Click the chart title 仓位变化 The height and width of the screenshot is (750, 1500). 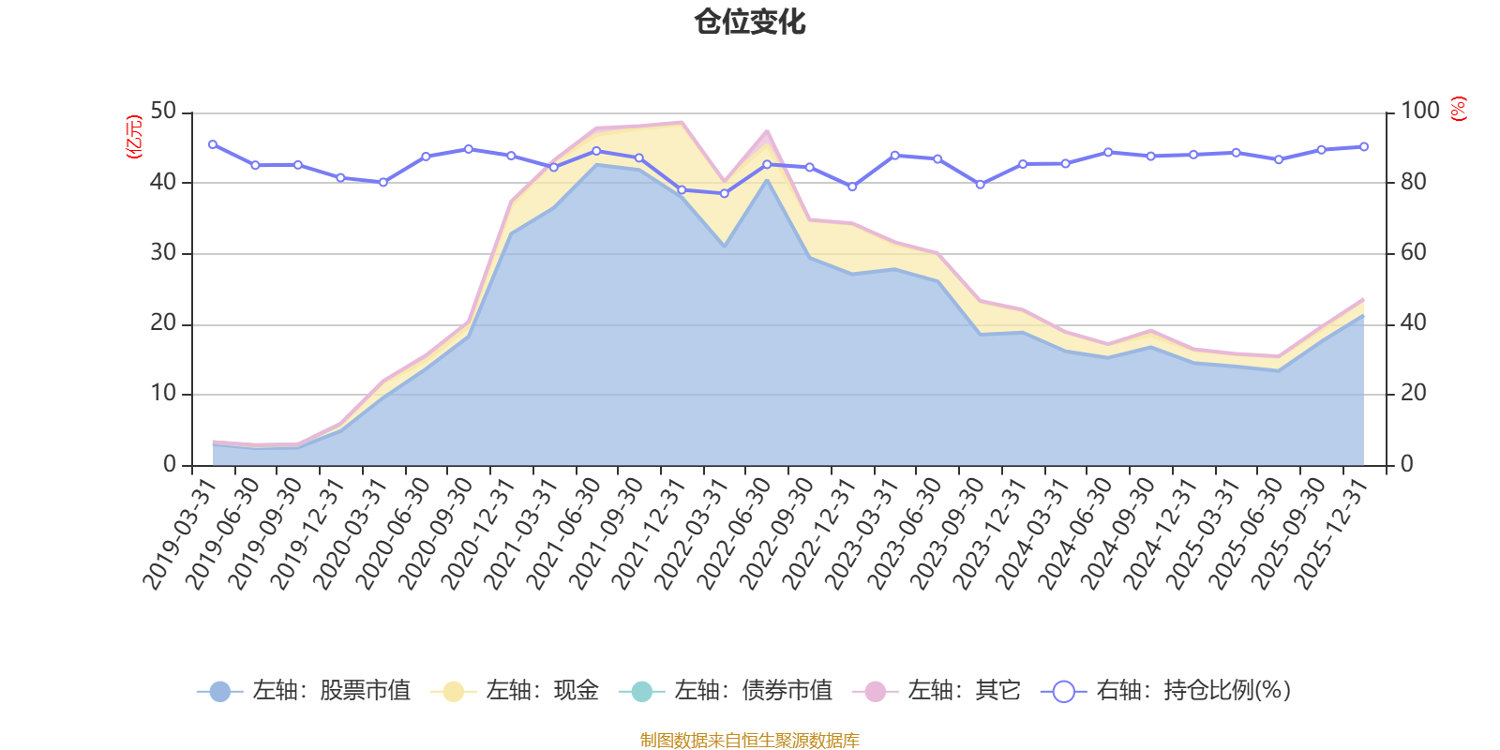click(x=750, y=22)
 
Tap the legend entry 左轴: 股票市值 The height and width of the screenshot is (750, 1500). click(x=304, y=691)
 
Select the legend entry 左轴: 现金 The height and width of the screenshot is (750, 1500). click(x=515, y=691)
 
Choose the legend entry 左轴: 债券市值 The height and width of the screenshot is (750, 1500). click(x=726, y=691)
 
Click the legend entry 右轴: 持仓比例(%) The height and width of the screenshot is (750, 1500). click(x=1166, y=691)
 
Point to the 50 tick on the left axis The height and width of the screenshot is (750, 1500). click(x=163, y=112)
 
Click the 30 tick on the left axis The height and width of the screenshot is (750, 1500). click(x=163, y=253)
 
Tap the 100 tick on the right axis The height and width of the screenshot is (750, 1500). click(x=1420, y=112)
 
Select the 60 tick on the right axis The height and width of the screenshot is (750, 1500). click(x=1414, y=253)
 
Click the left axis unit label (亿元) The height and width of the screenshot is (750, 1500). click(x=134, y=137)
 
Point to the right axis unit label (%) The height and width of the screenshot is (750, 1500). click(x=1458, y=109)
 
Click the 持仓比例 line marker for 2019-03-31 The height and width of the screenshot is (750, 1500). click(x=213, y=144)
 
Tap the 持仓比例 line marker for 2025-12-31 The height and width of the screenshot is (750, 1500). click(x=1364, y=146)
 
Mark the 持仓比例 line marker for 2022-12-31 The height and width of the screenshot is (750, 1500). click(x=852, y=187)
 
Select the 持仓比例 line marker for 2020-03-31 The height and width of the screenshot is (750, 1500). click(x=382, y=182)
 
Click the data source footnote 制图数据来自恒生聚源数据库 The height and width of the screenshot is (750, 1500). click(x=749, y=741)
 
